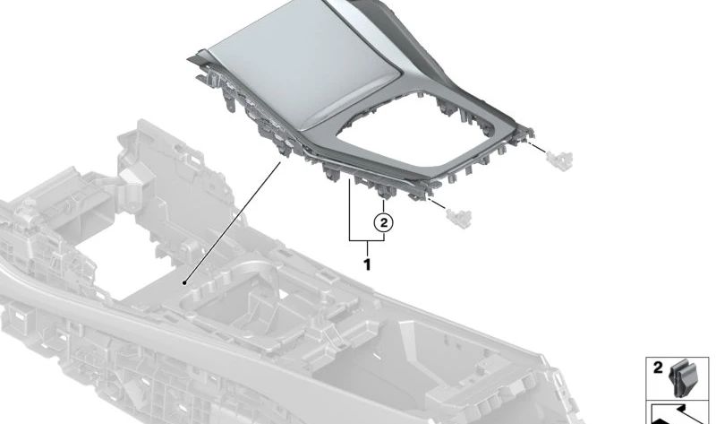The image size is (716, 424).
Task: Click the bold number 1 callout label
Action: [367, 264]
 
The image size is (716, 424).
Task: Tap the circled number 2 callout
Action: [384, 222]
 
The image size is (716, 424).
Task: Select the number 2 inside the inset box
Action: [658, 368]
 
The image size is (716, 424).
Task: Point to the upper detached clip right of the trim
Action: [559, 157]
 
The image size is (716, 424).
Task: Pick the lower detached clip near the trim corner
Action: [458, 216]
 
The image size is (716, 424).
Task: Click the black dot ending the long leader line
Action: [184, 282]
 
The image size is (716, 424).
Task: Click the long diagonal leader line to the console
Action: [233, 221]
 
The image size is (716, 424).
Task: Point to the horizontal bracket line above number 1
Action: [367, 241]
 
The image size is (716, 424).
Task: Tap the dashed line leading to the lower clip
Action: [438, 204]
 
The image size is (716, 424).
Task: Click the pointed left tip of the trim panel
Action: [189, 58]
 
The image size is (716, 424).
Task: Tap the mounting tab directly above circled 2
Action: [383, 192]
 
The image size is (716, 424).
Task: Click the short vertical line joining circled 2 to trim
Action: [384, 206]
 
